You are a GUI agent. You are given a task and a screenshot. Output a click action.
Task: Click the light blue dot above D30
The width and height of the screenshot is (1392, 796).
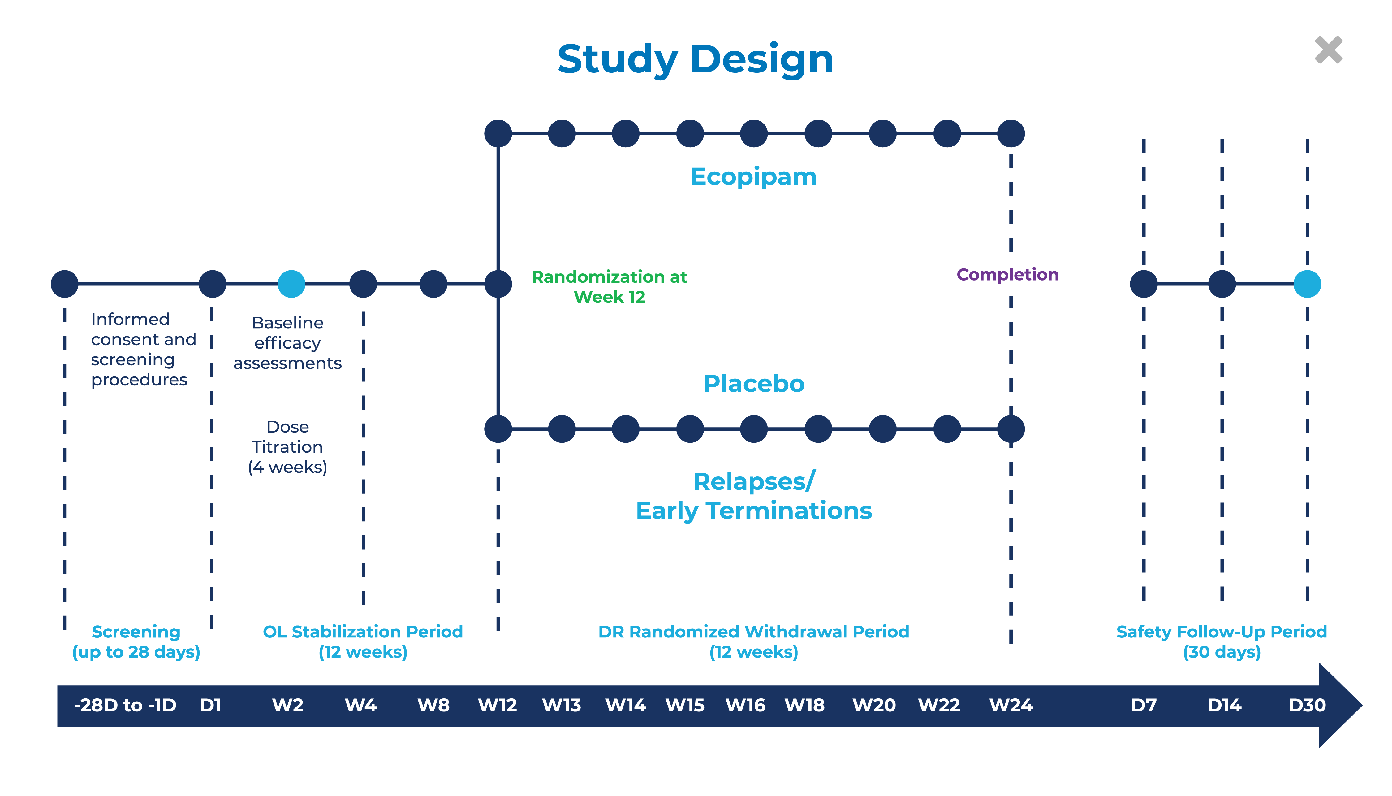1307,284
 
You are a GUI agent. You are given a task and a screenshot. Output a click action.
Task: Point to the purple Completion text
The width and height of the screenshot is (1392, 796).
1007,274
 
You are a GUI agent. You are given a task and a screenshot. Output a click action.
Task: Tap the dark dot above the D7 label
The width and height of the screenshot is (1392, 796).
1144,284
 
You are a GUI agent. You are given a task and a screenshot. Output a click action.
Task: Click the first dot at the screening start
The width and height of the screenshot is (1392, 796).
64,284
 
